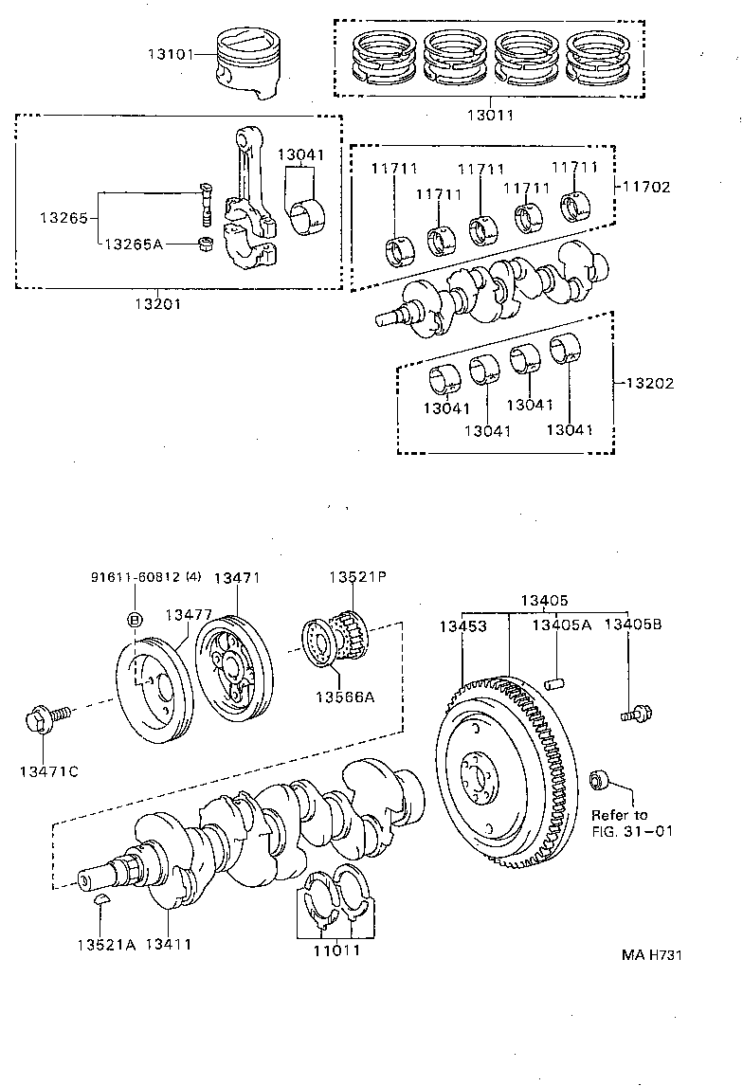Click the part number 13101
click(x=169, y=54)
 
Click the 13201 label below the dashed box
click(x=156, y=304)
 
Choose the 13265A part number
click(x=134, y=244)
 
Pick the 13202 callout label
click(x=649, y=384)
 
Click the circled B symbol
click(x=134, y=620)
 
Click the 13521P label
click(x=353, y=577)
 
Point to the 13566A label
click(x=352, y=697)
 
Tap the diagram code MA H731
click(x=652, y=954)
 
